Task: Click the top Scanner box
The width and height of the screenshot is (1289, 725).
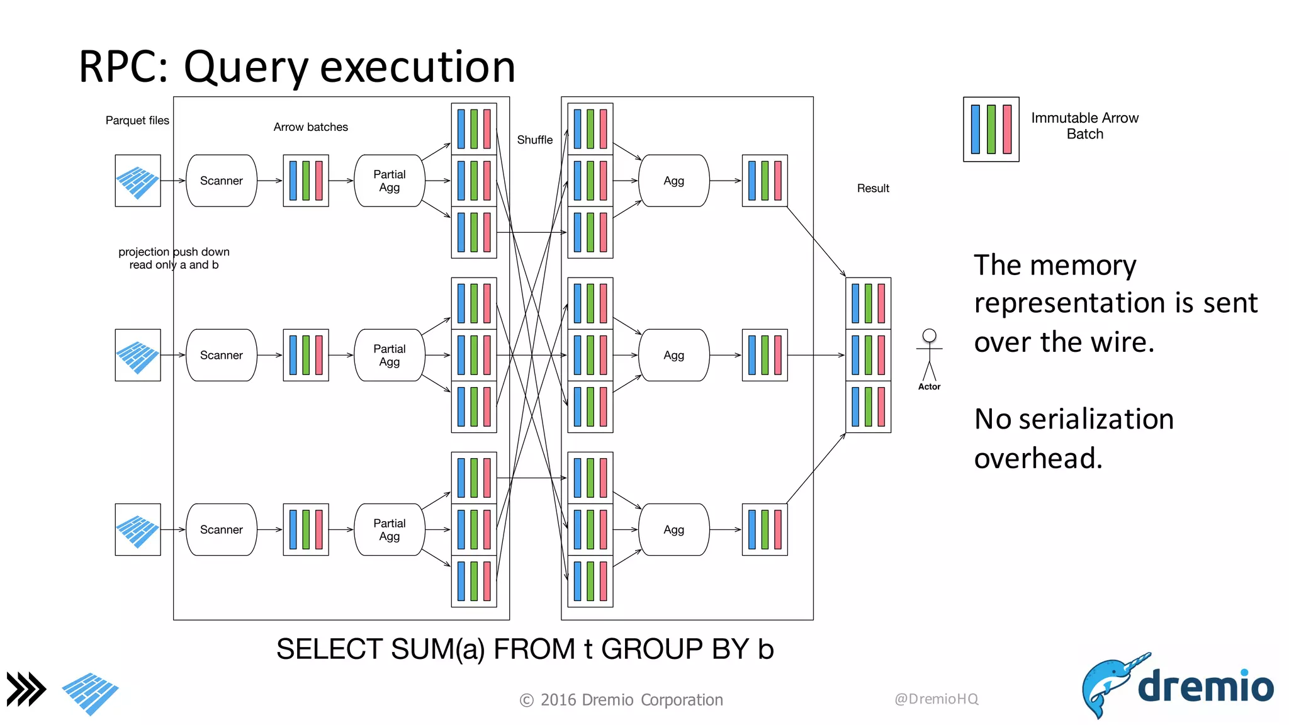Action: pyautogui.click(x=221, y=181)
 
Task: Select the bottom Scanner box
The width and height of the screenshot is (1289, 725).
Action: pyautogui.click(x=221, y=529)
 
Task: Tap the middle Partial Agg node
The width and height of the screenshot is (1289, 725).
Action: pyautogui.click(x=389, y=355)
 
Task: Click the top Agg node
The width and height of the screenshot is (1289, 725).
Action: pyautogui.click(x=673, y=181)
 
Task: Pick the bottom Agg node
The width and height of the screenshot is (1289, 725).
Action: pyautogui.click(x=673, y=529)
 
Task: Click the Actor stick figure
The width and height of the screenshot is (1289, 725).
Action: pyautogui.click(x=929, y=356)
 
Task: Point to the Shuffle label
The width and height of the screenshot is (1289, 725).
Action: pyautogui.click(x=534, y=140)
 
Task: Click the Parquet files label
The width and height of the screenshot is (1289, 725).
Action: pyautogui.click(x=137, y=120)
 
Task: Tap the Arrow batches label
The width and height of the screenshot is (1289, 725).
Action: pyautogui.click(x=310, y=127)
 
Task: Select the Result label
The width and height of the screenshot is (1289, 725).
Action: pyautogui.click(x=872, y=188)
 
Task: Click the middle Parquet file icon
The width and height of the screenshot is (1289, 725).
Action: pyautogui.click(x=138, y=355)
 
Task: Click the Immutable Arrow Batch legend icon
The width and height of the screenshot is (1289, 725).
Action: pyautogui.click(x=991, y=129)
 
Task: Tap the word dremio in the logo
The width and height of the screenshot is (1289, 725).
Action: pyautogui.click(x=1205, y=685)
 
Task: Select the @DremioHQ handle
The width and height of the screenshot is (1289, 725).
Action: pyautogui.click(x=936, y=699)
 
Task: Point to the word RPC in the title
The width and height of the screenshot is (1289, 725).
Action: pyautogui.click(x=123, y=66)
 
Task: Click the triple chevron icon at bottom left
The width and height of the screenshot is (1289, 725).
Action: pyautogui.click(x=26, y=688)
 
